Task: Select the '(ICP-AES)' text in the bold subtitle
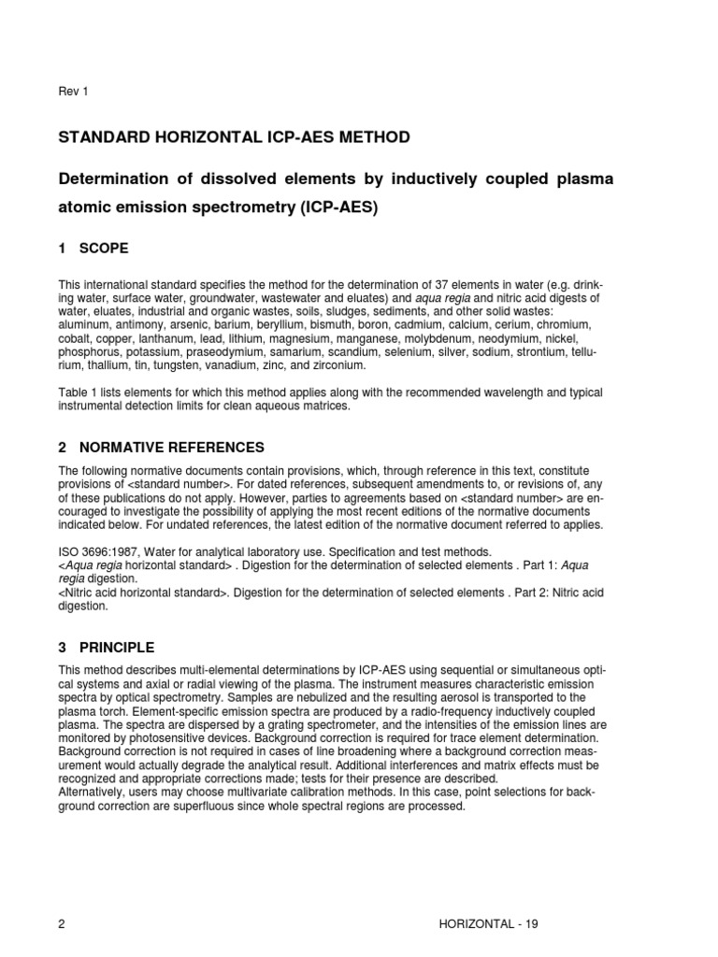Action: pos(338,207)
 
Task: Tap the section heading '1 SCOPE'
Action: pos(93,249)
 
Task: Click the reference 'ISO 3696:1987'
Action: pos(100,553)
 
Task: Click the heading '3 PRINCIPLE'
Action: pos(106,648)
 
